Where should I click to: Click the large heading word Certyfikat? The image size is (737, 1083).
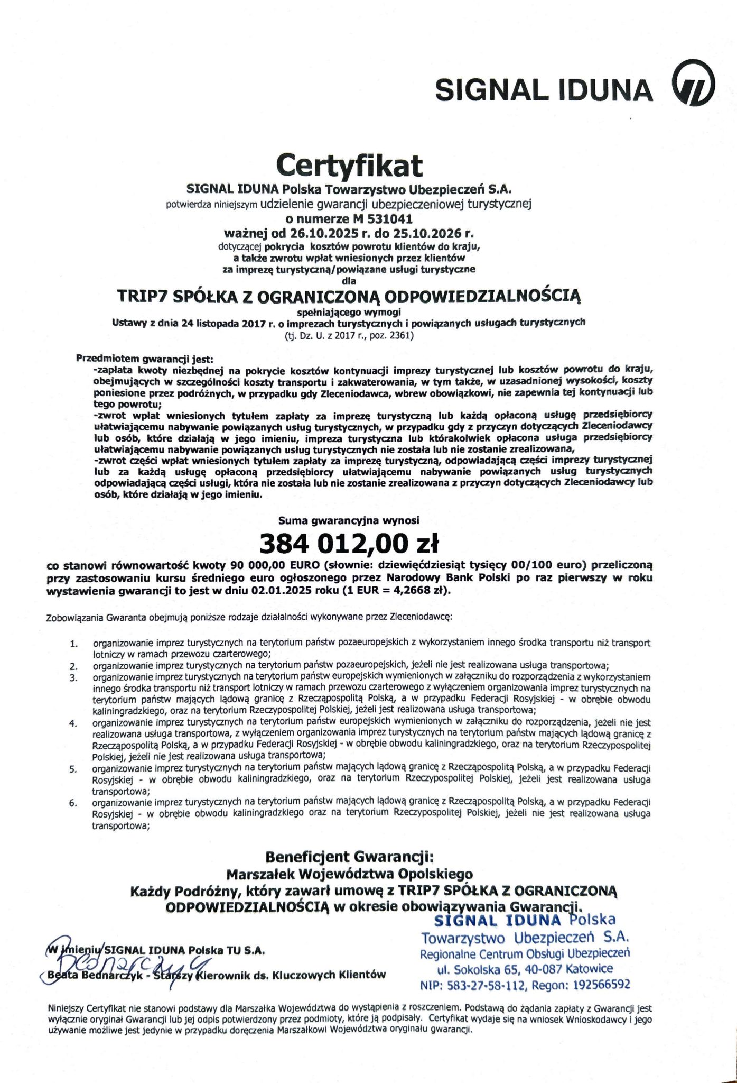click(x=349, y=165)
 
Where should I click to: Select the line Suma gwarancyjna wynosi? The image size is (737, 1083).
click(x=349, y=520)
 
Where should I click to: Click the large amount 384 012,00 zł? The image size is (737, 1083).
click(x=349, y=543)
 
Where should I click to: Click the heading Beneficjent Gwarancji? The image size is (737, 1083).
click(x=349, y=857)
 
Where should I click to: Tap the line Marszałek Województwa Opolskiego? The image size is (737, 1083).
click(x=349, y=874)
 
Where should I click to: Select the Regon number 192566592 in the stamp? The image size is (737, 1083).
click(x=600, y=985)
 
